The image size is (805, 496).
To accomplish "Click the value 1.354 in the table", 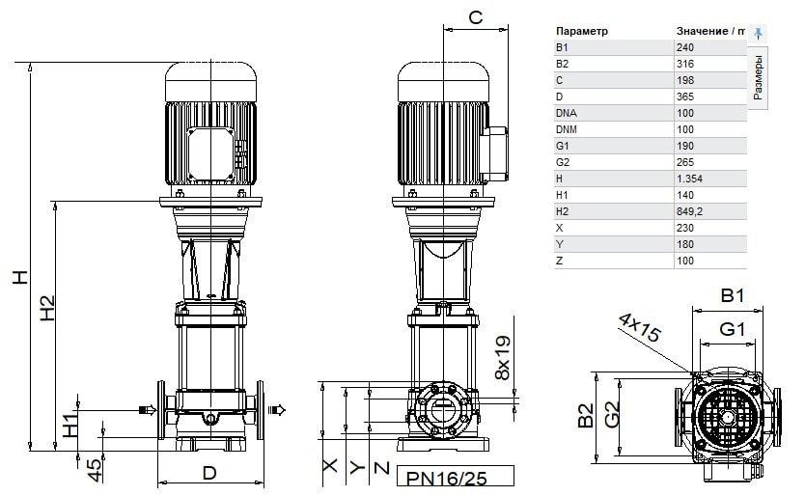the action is pyautogui.click(x=689, y=179).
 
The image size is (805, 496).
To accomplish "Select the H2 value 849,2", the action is pyautogui.click(x=689, y=211).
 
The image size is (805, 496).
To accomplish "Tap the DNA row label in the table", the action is pyautogui.click(x=566, y=113).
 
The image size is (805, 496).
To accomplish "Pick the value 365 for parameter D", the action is pyautogui.click(x=685, y=96).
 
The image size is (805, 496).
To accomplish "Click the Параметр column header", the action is pyautogui.click(x=582, y=31).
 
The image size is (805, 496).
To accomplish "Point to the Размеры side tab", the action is pyautogui.click(x=758, y=77).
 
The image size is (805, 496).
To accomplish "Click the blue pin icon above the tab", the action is pyautogui.click(x=758, y=34).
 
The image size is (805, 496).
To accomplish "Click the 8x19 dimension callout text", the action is pyautogui.click(x=503, y=358).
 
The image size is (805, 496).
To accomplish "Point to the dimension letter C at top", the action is pyautogui.click(x=476, y=17).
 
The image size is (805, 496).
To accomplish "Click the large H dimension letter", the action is pyautogui.click(x=20, y=277).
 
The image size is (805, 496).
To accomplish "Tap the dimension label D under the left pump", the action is pyautogui.click(x=209, y=473).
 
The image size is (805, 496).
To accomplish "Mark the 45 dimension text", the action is pyautogui.click(x=95, y=470).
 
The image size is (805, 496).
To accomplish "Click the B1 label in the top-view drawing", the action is pyautogui.click(x=732, y=295).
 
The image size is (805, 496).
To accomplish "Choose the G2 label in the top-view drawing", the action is pyautogui.click(x=611, y=414).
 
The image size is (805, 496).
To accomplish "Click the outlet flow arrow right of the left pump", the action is pyautogui.click(x=276, y=410).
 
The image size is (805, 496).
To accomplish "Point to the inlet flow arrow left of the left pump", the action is pyautogui.click(x=148, y=410).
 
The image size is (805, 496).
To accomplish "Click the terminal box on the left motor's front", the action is pyautogui.click(x=210, y=154).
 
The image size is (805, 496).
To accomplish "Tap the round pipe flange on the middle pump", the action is pyautogui.click(x=443, y=410).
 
